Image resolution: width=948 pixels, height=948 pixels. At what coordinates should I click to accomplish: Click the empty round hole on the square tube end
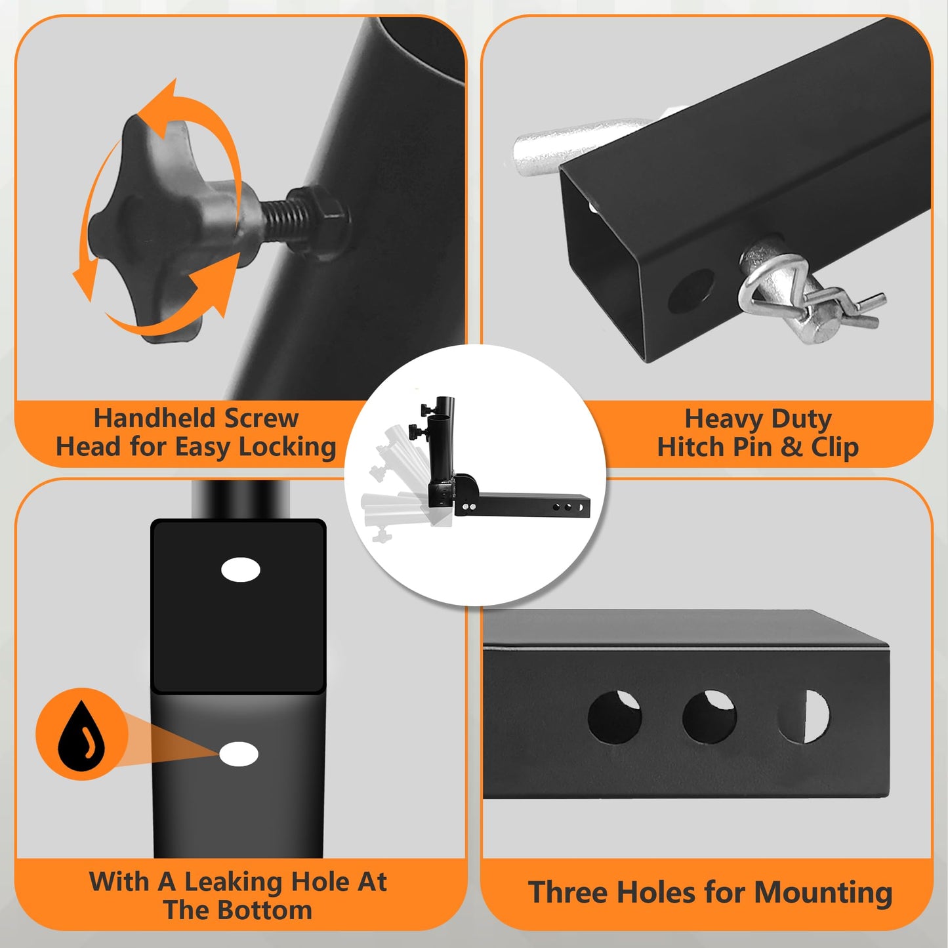coord(691,291)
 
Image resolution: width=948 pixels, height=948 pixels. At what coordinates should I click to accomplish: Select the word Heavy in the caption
coord(724,420)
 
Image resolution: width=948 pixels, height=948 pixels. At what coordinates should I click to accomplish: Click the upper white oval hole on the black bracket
coord(241,570)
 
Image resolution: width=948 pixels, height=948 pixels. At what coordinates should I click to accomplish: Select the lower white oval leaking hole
coord(239,754)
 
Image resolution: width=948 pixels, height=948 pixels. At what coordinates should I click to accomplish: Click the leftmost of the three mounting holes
coord(615,717)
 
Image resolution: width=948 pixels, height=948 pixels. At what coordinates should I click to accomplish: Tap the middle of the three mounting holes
coord(709,716)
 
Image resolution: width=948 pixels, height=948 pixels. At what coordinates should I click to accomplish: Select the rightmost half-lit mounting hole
coord(803,716)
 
